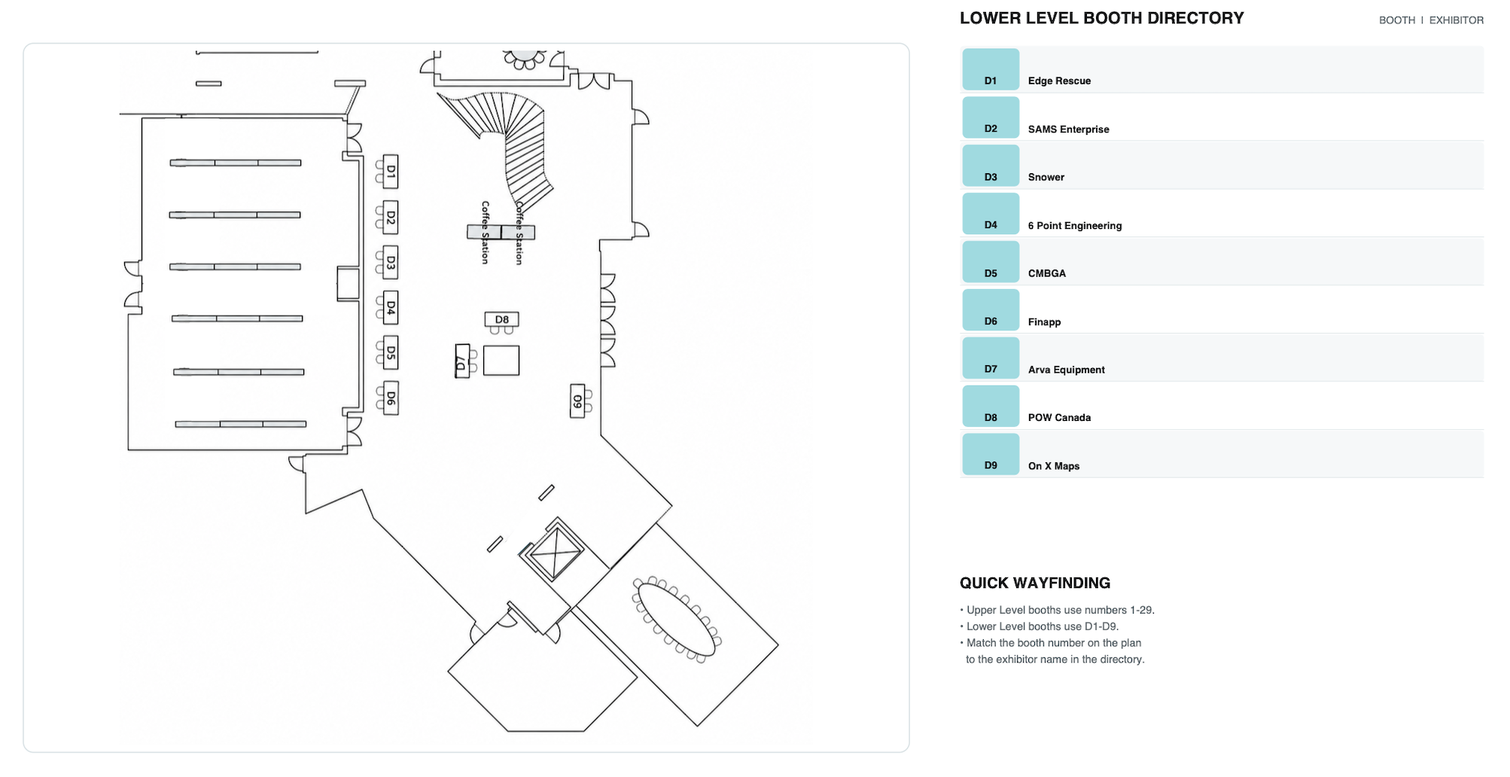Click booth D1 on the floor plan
390,172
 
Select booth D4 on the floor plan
390,307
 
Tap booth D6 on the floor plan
390,398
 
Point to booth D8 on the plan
502,319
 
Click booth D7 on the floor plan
462,361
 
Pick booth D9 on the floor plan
577,401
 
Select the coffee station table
501,232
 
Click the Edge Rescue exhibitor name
1059,81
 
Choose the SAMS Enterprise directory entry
1068,129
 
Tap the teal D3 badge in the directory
991,166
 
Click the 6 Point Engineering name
1074,225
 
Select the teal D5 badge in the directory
991,262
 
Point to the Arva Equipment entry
1066,370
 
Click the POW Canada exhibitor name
1059,417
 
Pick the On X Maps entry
1054,466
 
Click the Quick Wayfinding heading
1035,583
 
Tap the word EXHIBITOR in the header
1457,20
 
